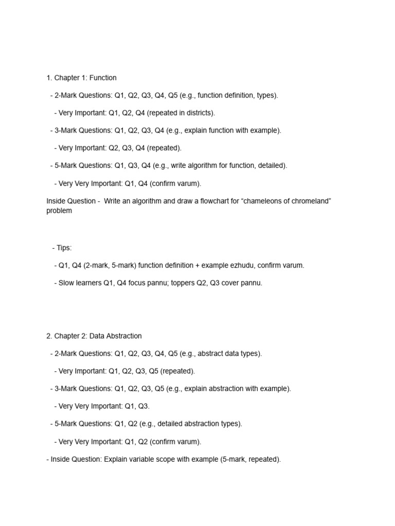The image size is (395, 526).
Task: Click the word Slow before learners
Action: tap(66, 283)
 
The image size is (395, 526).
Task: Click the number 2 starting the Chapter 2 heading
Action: tap(48, 336)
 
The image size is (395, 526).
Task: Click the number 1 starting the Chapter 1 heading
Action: tap(48, 78)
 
